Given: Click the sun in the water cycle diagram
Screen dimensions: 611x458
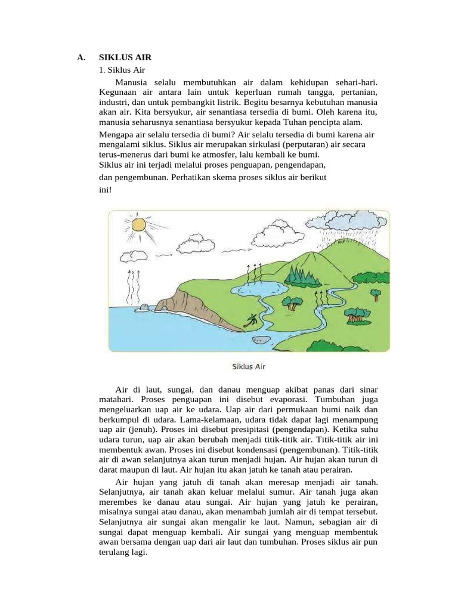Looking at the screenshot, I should point(138,224).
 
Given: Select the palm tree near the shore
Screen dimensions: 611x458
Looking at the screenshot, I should point(252,320).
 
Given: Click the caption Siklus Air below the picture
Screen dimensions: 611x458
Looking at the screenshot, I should point(248,366).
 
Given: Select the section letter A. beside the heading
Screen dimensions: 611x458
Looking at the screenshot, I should point(81,58).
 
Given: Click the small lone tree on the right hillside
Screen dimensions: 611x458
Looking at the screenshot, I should point(375,294).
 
